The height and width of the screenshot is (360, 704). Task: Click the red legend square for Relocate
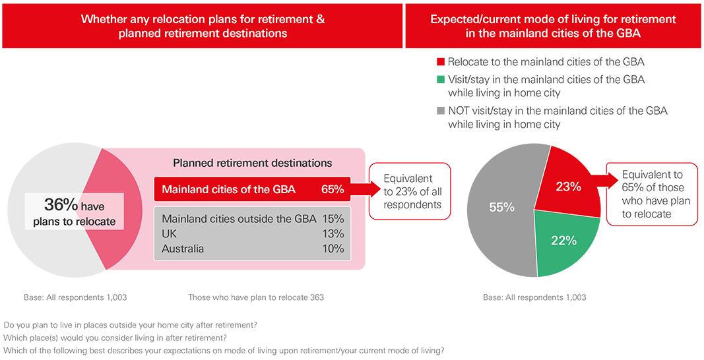pos(441,63)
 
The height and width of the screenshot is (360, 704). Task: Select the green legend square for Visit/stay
pos(441,80)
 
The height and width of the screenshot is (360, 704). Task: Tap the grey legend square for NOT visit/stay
pos(441,111)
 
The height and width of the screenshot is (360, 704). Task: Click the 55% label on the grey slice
pos(501,207)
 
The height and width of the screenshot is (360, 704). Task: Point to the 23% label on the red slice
pos(568,187)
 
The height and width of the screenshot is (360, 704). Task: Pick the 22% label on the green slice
pos(564,241)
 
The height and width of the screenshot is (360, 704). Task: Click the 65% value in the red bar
pos(333,190)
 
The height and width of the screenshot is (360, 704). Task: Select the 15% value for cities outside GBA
pos(333,218)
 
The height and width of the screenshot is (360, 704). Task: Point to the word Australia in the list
pos(183,249)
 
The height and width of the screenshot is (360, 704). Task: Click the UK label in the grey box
pos(170,233)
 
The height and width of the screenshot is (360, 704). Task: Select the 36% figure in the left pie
pos(62,204)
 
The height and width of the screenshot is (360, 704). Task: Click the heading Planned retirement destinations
pos(252,162)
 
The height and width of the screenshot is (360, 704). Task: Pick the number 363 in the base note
pos(317,297)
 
